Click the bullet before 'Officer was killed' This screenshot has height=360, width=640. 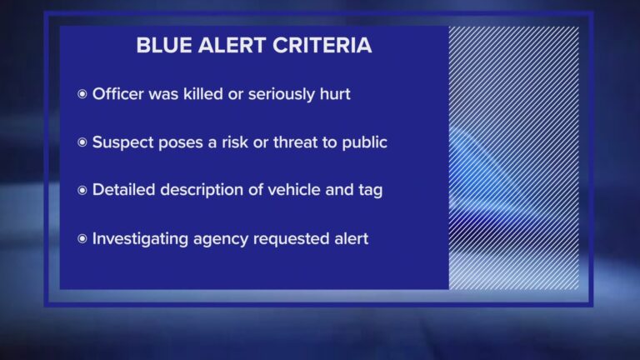pyautogui.click(x=82, y=94)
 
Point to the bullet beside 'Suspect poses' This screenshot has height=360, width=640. pyautogui.click(x=82, y=142)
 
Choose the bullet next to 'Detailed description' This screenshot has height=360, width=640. pyautogui.click(x=82, y=191)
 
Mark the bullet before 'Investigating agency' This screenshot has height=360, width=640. pyautogui.click(x=82, y=239)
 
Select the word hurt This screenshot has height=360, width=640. pyautogui.click(x=332, y=94)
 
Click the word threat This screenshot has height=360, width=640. pyautogui.click(x=293, y=142)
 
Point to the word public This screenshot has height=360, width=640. pyautogui.click(x=364, y=142)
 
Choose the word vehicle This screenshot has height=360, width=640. pyautogui.click(x=291, y=191)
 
